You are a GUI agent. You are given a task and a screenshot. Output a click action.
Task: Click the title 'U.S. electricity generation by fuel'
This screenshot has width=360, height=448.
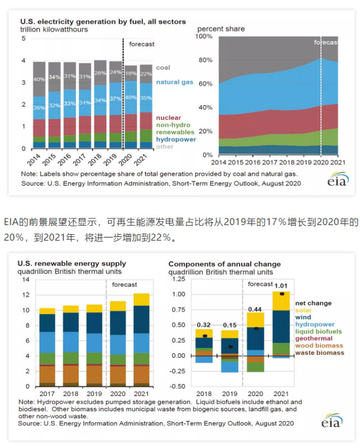103,21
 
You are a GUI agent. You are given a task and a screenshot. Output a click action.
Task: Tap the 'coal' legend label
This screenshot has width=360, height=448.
163,68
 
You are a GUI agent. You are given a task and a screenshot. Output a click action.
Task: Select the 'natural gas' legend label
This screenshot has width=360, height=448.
174,82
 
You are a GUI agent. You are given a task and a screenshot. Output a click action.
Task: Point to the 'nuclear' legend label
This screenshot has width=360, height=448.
168,118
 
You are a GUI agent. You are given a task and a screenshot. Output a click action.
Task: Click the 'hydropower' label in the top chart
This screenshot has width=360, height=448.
176,139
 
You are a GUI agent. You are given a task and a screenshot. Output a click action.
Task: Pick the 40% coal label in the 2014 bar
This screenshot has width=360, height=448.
39,80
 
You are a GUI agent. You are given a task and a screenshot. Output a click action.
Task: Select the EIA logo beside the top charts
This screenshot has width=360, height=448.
337,179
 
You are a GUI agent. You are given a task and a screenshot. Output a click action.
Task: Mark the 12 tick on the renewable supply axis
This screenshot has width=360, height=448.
25,295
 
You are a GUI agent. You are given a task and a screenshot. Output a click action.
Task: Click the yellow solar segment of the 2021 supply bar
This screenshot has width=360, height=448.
142,300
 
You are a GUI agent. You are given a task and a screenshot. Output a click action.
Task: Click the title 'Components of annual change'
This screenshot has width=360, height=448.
225,264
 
